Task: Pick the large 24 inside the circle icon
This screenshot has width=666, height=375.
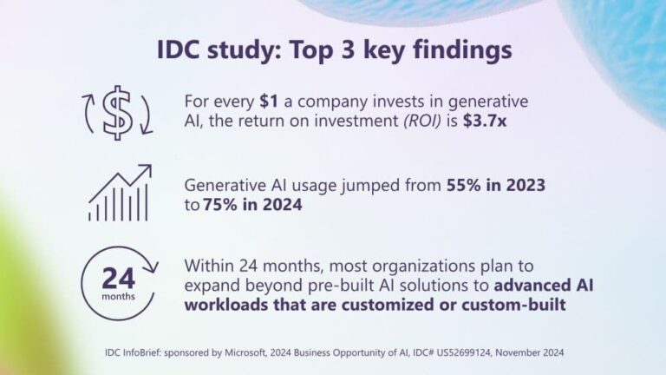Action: tap(117, 279)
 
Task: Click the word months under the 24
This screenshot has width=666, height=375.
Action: tap(117, 297)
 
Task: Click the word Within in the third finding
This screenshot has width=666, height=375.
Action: tap(209, 265)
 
